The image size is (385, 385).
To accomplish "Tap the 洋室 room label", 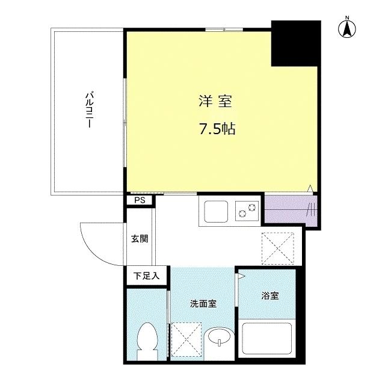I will pos(215,101).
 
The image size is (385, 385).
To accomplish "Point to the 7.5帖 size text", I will pos(215,129).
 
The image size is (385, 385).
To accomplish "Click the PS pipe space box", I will pos(140,201).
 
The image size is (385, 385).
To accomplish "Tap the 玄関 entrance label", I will pos(140,238).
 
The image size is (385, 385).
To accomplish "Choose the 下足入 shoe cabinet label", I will pos(146,276).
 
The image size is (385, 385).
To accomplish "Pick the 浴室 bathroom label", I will pos(270,295).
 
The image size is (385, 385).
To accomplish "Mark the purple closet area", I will pos(291,210).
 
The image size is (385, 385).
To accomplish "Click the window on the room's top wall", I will pos(224,29).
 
